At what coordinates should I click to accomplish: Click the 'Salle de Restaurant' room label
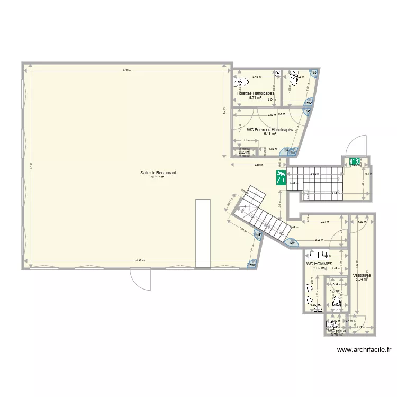point(158,173)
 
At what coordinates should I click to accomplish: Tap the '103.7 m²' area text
point(158,178)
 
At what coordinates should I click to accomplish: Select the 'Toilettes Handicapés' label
point(255,93)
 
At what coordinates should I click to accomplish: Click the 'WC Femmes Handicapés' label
point(270,130)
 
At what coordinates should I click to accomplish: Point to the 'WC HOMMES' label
point(319,263)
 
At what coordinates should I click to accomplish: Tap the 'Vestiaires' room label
point(362,275)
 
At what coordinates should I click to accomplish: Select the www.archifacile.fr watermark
point(365,350)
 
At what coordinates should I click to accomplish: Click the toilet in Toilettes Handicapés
point(242,83)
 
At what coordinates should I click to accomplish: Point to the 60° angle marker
point(292,242)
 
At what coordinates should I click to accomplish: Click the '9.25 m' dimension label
point(127,70)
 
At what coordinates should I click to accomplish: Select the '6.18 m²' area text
point(270,134)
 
